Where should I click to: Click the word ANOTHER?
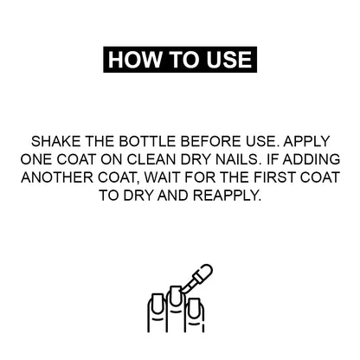click(57, 177)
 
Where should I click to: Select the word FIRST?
click(274, 177)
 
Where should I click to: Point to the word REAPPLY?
click(227, 196)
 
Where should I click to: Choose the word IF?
click(272, 159)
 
